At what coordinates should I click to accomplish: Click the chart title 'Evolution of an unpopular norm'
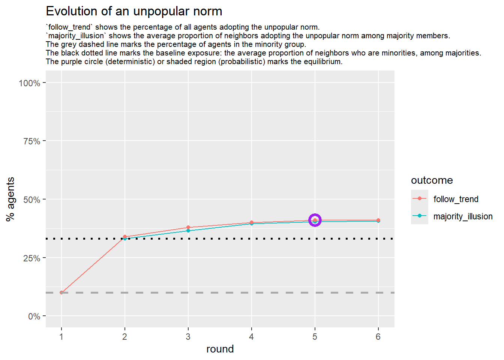134,11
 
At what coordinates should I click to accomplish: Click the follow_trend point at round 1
61,292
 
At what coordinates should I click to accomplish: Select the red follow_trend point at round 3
188,227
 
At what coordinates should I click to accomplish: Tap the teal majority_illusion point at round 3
188,231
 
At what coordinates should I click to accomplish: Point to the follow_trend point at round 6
378,220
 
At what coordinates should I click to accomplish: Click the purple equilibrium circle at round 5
315,220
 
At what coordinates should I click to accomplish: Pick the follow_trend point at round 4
252,222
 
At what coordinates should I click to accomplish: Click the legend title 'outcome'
432,180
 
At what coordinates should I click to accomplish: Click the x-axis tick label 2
125,337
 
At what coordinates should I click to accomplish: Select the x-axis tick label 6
378,337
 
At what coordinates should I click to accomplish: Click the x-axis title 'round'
220,349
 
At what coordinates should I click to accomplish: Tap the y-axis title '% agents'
10,199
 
